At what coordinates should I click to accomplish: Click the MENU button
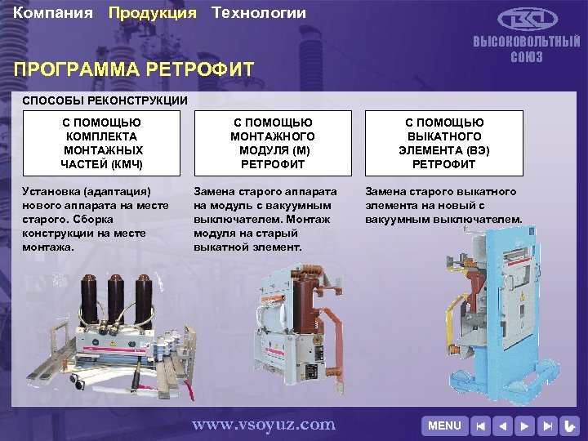(x=444, y=425)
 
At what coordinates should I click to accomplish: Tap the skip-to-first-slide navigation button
(x=482, y=425)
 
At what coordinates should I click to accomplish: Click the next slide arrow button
(x=526, y=425)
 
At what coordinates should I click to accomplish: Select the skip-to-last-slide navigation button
(x=548, y=425)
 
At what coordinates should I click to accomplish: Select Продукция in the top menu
(x=153, y=13)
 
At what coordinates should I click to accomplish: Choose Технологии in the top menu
(x=259, y=13)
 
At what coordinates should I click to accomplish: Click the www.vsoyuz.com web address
(x=263, y=424)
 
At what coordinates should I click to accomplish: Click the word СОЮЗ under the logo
(x=527, y=57)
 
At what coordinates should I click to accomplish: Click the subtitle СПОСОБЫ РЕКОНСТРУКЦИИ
(x=105, y=100)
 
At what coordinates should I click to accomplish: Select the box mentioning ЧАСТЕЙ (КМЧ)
(x=103, y=143)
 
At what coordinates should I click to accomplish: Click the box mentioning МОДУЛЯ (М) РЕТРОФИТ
(x=273, y=143)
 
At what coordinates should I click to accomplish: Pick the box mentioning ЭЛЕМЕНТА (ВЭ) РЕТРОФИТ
(x=443, y=143)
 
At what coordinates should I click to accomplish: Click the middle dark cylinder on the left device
(x=117, y=294)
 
